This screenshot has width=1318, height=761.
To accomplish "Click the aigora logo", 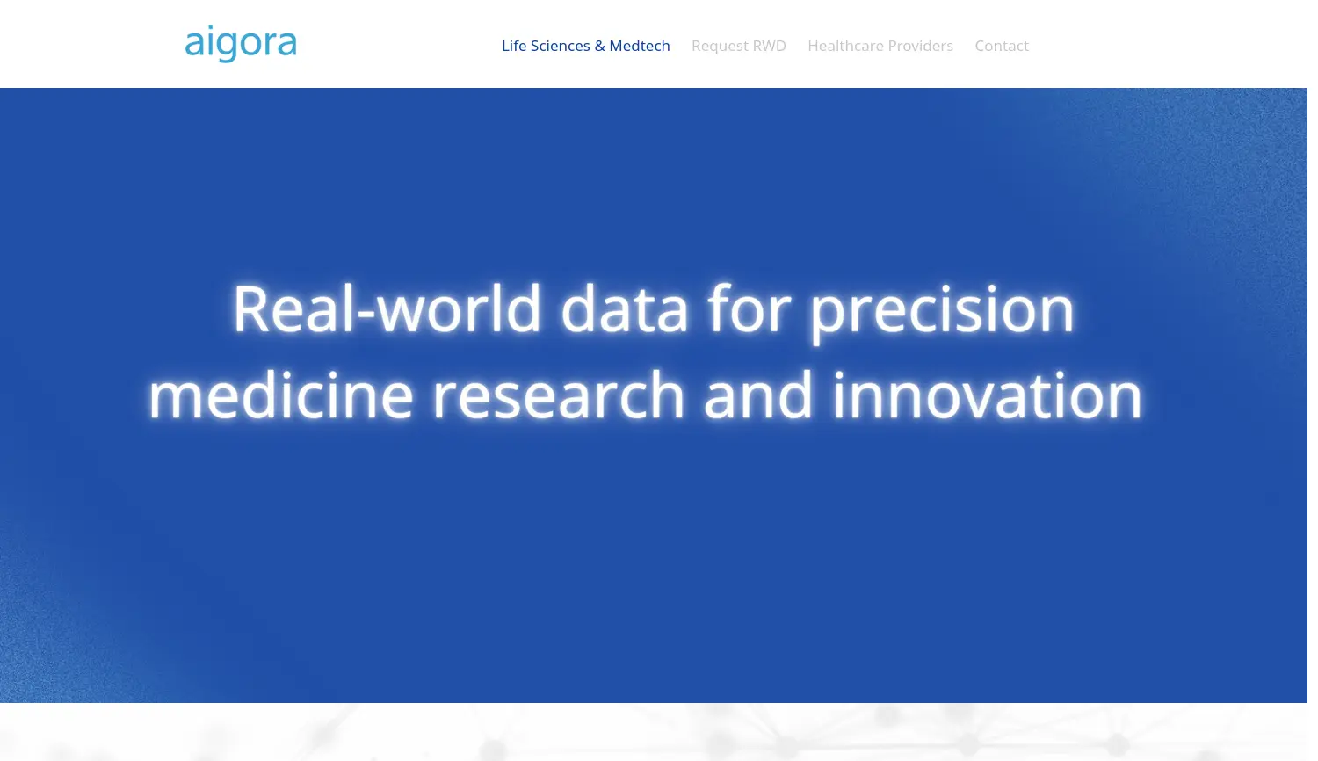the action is tap(241, 43).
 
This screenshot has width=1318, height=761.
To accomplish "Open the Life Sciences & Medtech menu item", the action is tap(585, 46).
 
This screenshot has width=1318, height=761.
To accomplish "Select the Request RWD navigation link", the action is tap(738, 46).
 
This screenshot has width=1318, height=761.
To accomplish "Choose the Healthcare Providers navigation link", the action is tap(880, 46).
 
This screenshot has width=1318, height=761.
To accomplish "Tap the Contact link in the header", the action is tap(1002, 46).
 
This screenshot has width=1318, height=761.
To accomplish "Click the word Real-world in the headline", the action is tap(387, 308).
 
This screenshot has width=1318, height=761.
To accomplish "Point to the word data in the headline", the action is tap(624, 308).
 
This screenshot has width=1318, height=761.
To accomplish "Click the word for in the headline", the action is tap(749, 308).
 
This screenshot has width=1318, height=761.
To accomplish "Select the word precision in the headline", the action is tap(942, 313).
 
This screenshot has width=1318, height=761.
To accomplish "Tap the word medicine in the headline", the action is tap(280, 395).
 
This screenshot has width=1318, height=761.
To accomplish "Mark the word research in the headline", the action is tap(559, 395).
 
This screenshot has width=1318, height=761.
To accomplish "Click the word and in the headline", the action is tap(758, 395).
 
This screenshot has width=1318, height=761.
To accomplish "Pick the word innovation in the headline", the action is tap(988, 395).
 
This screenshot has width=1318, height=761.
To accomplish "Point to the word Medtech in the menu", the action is tap(640, 46).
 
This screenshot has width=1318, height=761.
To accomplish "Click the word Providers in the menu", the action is tap(920, 46).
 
